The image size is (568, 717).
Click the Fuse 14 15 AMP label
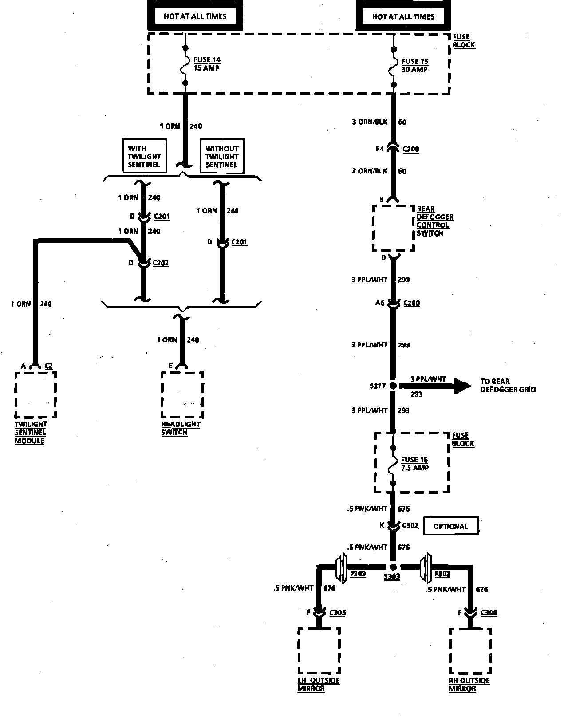tap(207, 64)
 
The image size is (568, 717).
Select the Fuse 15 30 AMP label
tap(414, 65)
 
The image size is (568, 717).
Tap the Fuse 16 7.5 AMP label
tap(414, 464)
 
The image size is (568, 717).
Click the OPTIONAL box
tap(451, 526)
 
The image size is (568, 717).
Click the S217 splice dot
tap(393, 386)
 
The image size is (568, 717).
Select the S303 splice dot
tap(393, 567)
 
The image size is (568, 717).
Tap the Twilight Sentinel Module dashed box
tap(35, 395)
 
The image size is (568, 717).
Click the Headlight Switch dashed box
tap(182, 395)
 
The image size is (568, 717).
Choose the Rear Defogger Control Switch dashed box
tap(393, 228)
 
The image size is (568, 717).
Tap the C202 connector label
tap(161, 263)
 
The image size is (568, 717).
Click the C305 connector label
tap(338, 613)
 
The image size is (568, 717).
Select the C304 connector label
tap(489, 613)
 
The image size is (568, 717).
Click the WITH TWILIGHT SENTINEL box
tap(144, 156)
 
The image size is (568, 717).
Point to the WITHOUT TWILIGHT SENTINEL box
tap(222, 156)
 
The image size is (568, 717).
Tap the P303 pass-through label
tap(358, 574)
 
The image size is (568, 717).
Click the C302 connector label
tap(410, 525)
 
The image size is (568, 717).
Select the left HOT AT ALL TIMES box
tap(195, 16)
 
